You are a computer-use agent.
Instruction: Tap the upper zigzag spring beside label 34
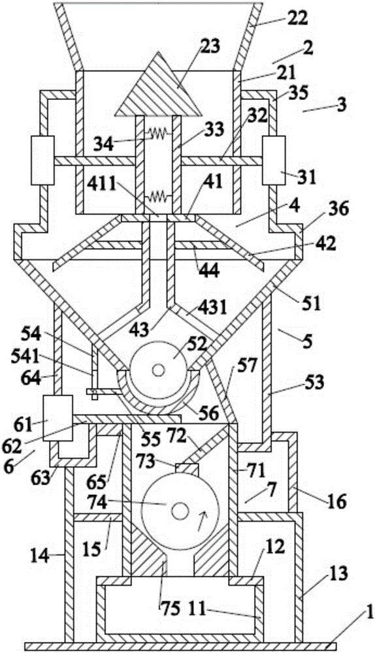pos(157,133)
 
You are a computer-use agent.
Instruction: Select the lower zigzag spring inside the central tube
pos(157,195)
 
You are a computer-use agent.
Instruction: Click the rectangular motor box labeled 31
pos(273,161)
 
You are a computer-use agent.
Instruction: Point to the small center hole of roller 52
pos(158,370)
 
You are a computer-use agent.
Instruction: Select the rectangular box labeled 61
pos(58,418)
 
